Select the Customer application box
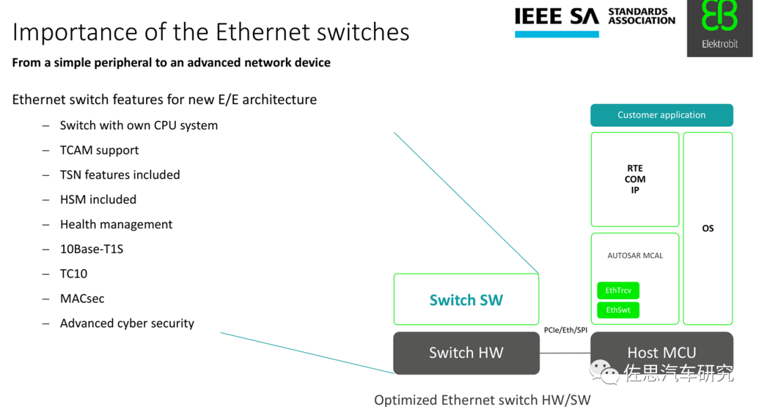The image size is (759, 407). tap(661, 115)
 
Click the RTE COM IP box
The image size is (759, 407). tap(635, 179)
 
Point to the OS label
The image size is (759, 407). tap(708, 228)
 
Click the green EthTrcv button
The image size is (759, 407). tap(618, 290)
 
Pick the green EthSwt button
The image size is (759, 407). tap(618, 310)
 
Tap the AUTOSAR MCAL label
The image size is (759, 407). tap(635, 256)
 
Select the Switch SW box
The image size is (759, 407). tap(466, 300)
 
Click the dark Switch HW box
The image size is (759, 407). tap(466, 353)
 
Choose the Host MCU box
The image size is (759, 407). tap(661, 353)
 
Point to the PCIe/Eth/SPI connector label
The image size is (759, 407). tap(565, 330)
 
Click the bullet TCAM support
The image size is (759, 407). tap(99, 150)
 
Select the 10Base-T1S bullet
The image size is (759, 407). tap(91, 249)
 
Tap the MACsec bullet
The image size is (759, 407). tap(82, 299)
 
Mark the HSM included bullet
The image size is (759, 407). tap(98, 200)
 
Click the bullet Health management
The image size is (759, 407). tap(116, 224)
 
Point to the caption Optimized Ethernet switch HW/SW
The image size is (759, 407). tap(482, 399)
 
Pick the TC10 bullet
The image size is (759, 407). tap(74, 273)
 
